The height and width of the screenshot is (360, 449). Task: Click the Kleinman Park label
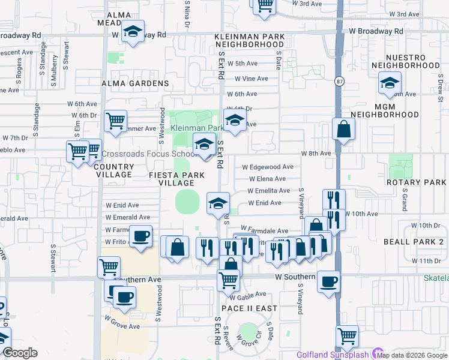[197, 128]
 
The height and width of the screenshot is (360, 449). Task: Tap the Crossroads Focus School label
[141, 154]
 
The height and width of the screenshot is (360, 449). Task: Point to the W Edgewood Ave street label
[267, 167]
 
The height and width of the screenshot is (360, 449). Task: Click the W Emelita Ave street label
[268, 191]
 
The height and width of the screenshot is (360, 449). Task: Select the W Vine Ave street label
[251, 79]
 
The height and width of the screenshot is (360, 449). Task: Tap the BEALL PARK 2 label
[413, 241]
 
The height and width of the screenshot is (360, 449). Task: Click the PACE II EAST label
[249, 308]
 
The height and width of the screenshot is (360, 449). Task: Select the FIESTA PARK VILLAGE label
[172, 179]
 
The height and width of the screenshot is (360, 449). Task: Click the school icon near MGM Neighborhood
[390, 83]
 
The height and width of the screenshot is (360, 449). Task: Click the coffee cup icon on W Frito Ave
[140, 236]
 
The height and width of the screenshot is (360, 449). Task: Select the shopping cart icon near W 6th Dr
[115, 120]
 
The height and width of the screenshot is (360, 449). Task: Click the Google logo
[20, 353]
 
